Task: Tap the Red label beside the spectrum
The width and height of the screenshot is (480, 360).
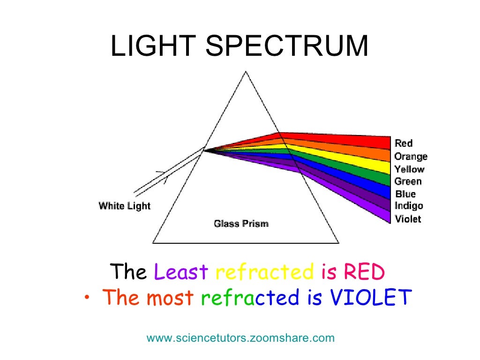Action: coord(404,143)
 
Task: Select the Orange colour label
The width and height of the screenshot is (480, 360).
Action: coord(411,157)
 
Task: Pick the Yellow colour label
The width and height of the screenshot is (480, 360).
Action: coord(409,169)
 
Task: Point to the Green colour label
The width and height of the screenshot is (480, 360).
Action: coord(408,181)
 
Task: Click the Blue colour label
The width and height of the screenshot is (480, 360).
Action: coord(405,194)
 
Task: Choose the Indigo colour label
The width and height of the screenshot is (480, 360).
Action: coord(409,206)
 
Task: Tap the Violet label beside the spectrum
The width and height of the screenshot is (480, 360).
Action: coord(408,218)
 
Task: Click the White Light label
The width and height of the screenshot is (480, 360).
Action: coord(125,206)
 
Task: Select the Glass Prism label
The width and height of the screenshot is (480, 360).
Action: coord(241,224)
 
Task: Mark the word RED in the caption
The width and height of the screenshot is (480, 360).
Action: coord(364,272)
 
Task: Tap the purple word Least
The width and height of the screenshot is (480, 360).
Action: coord(181,272)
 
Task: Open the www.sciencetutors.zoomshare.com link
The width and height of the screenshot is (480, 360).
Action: coord(240,338)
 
